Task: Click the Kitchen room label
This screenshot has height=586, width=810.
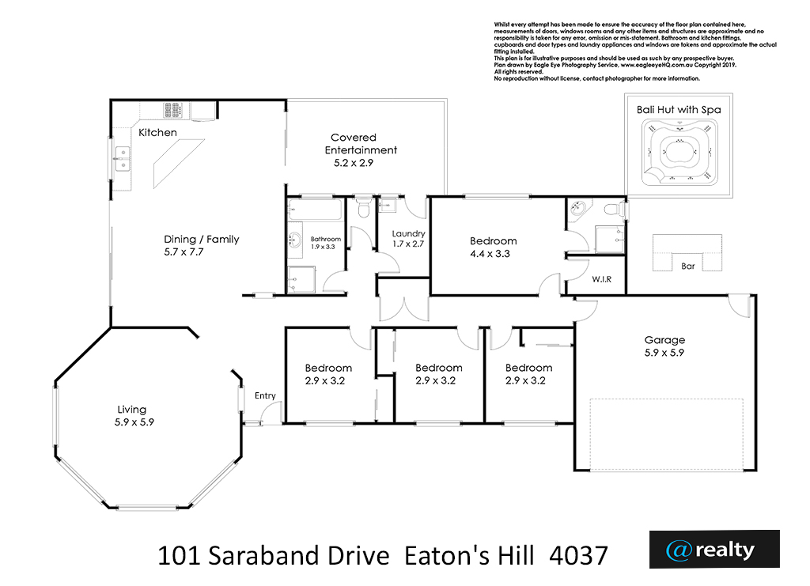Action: click(157, 133)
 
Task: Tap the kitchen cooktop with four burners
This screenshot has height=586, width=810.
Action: click(172, 110)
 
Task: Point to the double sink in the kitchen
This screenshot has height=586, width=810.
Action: click(123, 159)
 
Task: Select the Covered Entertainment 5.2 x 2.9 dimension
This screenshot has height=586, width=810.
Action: click(354, 163)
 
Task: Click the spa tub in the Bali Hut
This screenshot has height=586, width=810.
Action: click(679, 153)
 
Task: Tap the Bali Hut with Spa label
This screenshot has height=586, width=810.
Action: click(679, 109)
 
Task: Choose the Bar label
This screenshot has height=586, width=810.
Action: click(687, 267)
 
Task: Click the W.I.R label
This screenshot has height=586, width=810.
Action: click(601, 279)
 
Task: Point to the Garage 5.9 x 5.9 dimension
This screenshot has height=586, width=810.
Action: click(664, 353)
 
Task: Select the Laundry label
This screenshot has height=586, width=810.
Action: click(408, 234)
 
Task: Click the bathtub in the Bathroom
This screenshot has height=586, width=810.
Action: click(315, 210)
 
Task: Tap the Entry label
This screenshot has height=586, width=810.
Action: click(265, 395)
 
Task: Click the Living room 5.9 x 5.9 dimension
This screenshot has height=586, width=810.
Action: click(134, 422)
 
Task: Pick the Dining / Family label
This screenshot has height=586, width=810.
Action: click(202, 240)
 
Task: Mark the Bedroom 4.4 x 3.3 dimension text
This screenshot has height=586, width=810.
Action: click(490, 254)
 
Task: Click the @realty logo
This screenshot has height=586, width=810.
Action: click(714, 550)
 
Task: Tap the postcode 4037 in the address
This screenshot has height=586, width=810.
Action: click(578, 556)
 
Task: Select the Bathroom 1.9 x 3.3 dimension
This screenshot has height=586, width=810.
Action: click(323, 248)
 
